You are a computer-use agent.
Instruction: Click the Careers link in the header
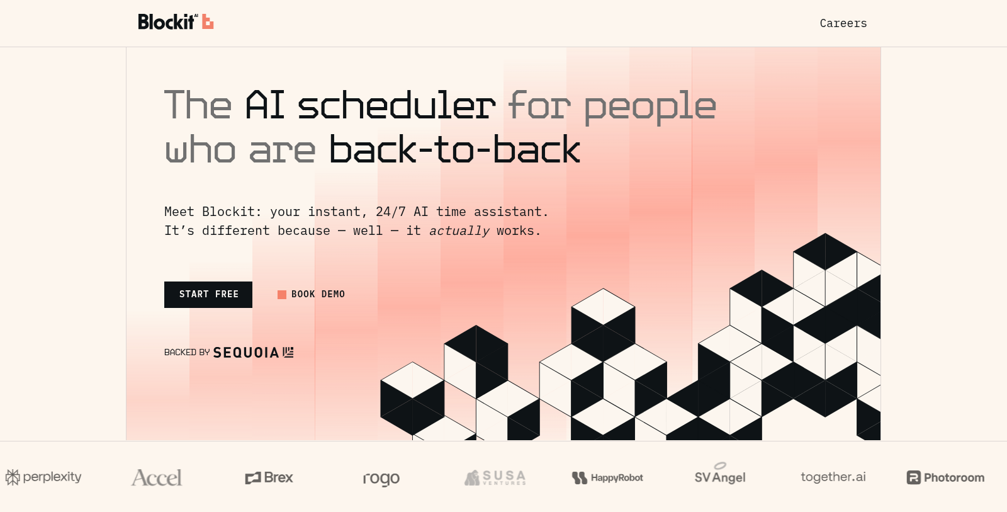click(x=843, y=23)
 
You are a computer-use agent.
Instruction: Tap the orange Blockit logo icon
click(x=207, y=21)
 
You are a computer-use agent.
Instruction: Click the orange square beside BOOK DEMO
click(x=282, y=295)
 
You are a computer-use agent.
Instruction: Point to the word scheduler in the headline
click(x=397, y=105)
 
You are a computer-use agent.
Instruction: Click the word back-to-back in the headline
click(x=454, y=149)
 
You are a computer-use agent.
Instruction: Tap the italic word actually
click(x=459, y=230)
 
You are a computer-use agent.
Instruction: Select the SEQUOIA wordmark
click(x=253, y=352)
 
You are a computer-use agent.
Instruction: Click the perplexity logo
click(x=43, y=477)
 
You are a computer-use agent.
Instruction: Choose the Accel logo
click(x=157, y=477)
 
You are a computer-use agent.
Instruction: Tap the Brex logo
click(x=269, y=477)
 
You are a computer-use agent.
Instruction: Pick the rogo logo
click(x=381, y=479)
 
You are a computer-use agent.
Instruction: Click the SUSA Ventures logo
click(x=495, y=477)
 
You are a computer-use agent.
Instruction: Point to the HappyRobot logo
click(x=607, y=478)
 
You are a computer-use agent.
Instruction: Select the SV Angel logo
click(x=720, y=474)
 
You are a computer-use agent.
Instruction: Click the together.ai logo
click(x=833, y=477)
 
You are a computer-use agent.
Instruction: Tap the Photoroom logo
click(x=945, y=477)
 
